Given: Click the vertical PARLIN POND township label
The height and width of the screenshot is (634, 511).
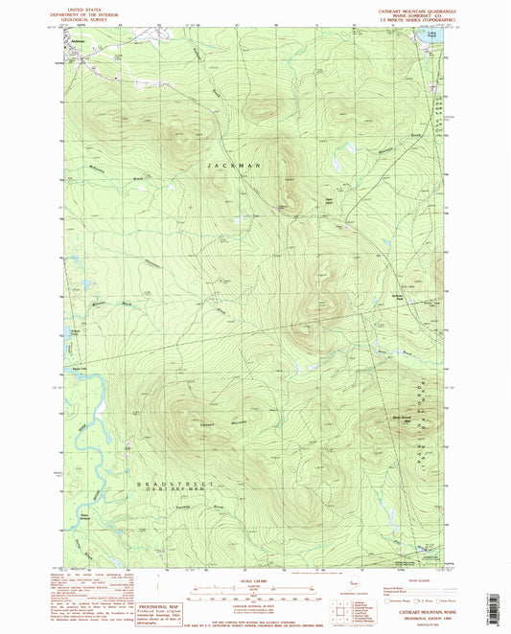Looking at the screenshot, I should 421,421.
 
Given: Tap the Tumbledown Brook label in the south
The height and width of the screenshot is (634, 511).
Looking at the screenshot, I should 192,508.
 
